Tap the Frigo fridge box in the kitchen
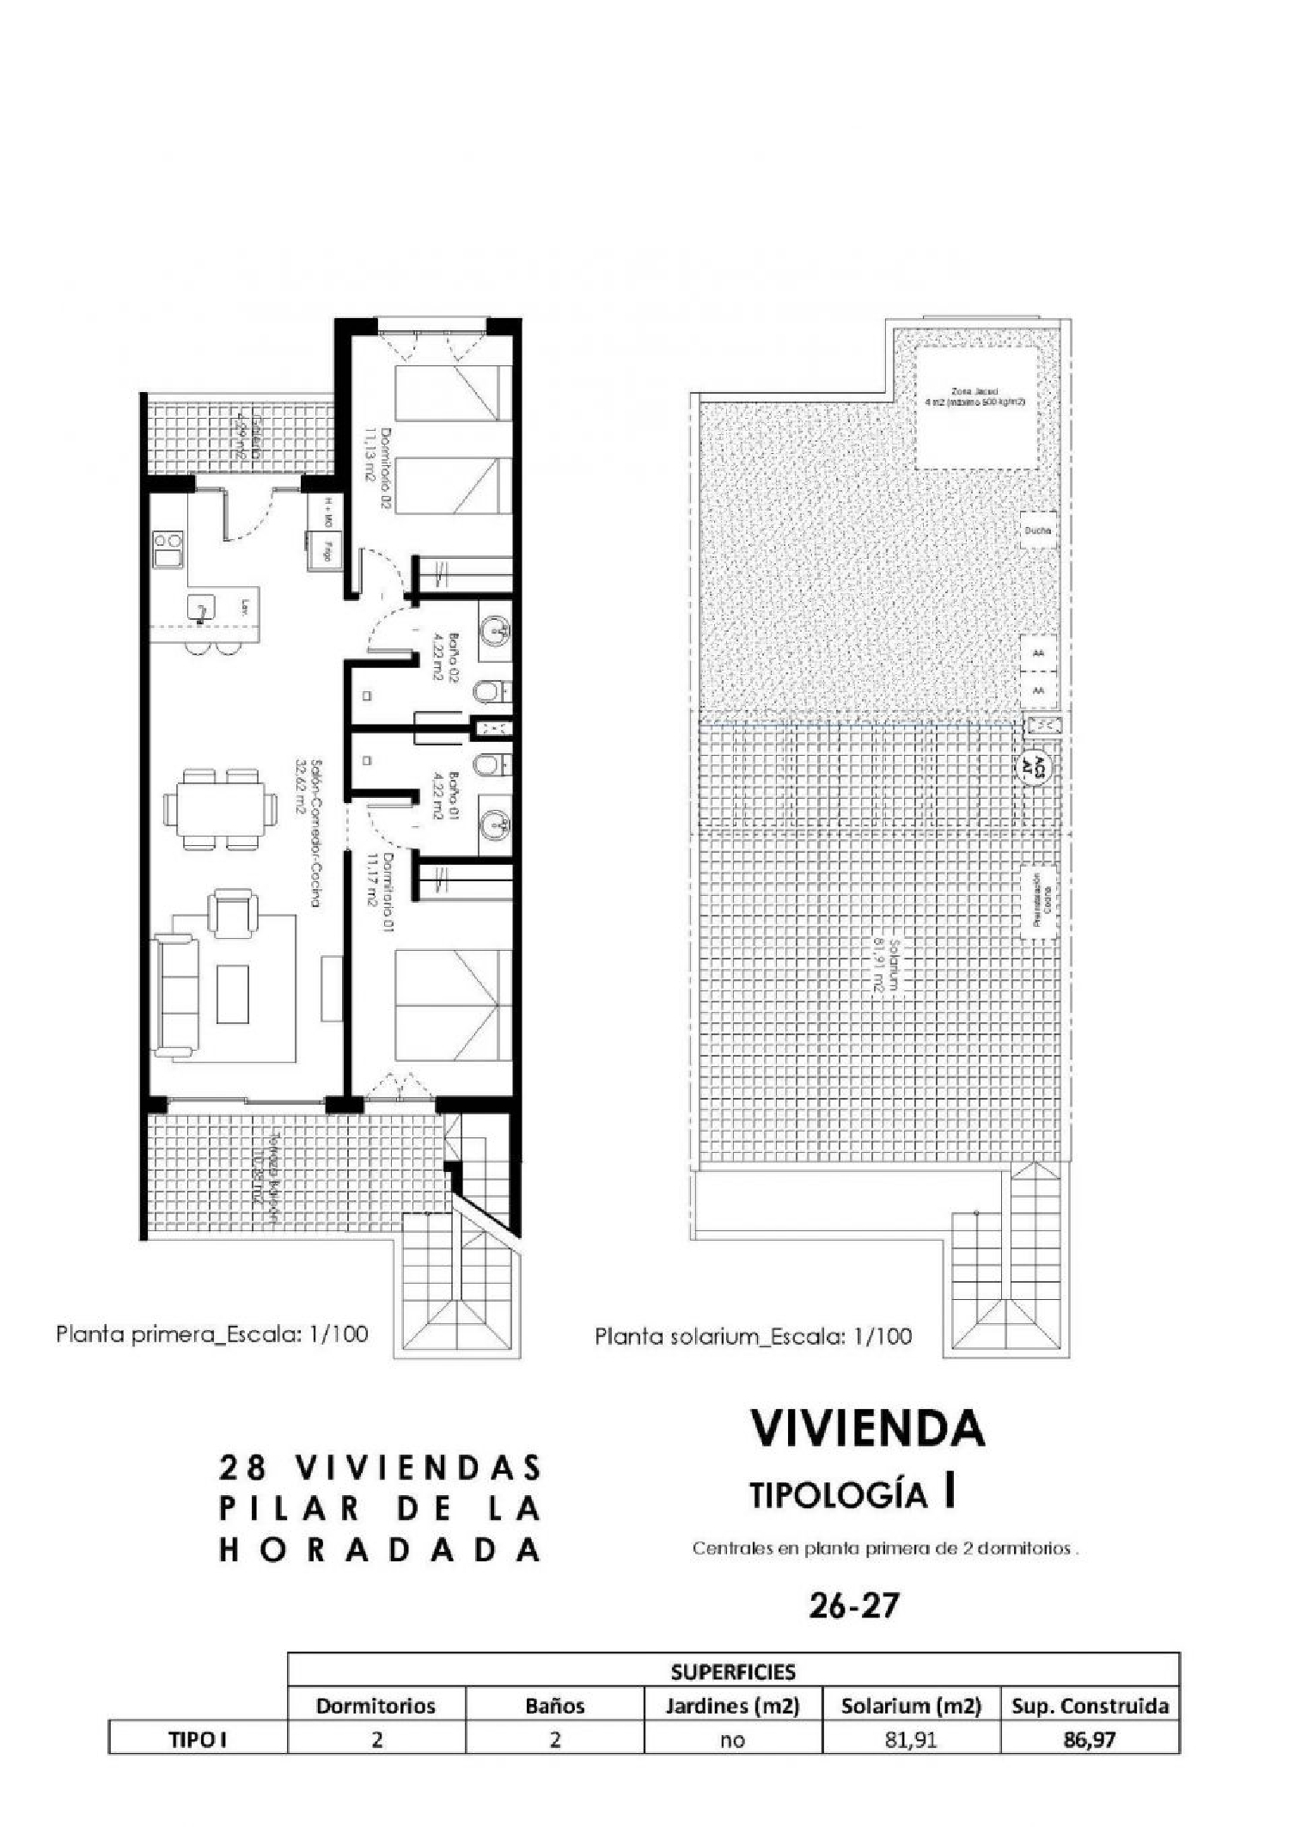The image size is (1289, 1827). (327, 550)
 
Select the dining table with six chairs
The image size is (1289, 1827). (221, 808)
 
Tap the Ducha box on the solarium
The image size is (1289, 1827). (1038, 531)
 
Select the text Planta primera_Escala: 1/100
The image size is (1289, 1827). (212, 1333)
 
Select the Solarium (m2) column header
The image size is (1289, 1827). (911, 1706)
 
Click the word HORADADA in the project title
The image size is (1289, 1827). (381, 1550)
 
